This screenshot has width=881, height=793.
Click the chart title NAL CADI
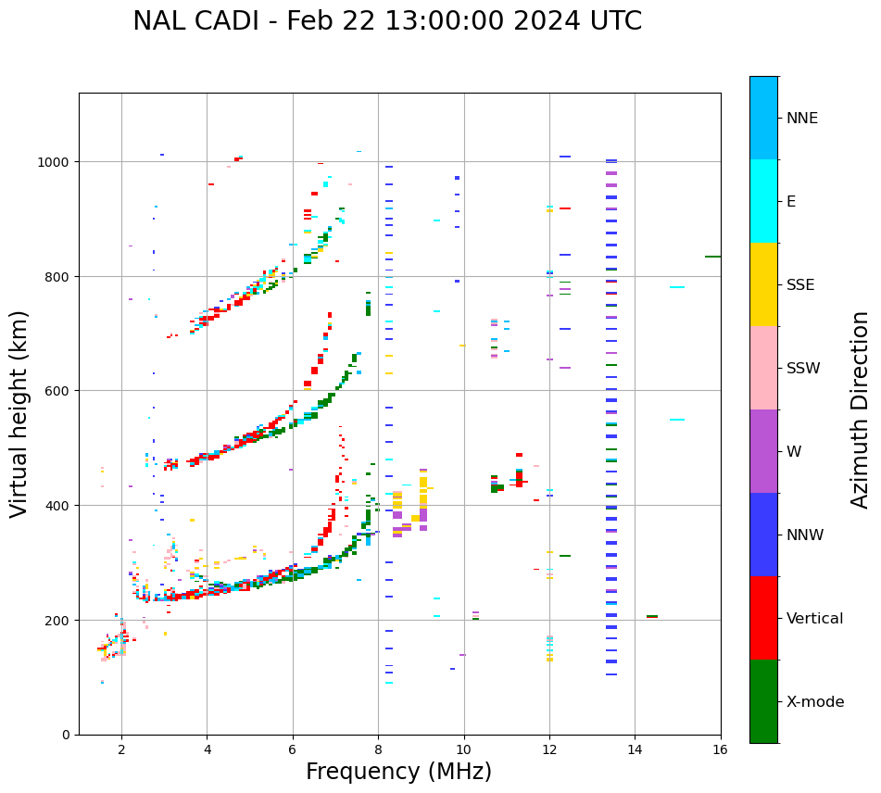click(386, 21)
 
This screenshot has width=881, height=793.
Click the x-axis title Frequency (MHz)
click(398, 772)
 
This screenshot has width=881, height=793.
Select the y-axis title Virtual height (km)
click(19, 413)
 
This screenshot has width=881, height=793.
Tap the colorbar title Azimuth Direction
click(860, 409)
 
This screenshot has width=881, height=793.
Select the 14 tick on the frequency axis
click(635, 750)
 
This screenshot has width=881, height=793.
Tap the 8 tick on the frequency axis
click(378, 750)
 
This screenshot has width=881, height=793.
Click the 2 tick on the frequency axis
click(121, 750)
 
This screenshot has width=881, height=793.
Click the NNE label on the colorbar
click(802, 118)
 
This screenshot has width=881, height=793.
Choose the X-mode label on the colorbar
click(815, 701)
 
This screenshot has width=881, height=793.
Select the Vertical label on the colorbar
click(815, 618)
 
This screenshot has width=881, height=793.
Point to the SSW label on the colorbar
click(803, 368)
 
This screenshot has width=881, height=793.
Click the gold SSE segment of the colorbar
click(763, 284)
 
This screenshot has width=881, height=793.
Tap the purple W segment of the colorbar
click(763, 451)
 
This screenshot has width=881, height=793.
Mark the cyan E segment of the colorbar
click(763, 201)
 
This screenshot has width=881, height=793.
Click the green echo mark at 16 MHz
click(712, 257)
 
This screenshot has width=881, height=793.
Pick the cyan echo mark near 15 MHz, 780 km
click(677, 287)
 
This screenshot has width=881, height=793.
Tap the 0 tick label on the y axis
click(66, 735)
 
